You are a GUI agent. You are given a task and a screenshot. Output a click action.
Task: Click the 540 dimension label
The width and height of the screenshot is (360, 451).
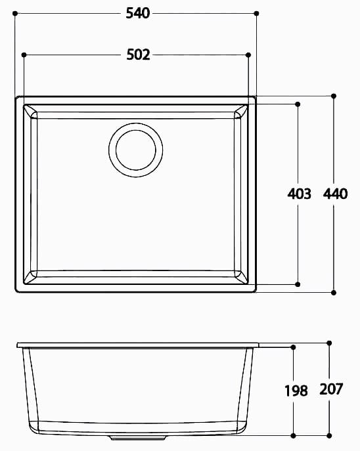(x=138, y=12)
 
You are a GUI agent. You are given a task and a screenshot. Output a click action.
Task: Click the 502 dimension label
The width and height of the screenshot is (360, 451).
(x=138, y=54)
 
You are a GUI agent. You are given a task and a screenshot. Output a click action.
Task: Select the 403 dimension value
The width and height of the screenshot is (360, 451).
(x=299, y=194)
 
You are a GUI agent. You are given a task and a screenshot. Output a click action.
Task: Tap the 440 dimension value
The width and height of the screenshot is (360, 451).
(x=335, y=194)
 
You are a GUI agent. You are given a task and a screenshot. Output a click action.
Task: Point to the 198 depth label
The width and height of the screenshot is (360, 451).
(x=296, y=391)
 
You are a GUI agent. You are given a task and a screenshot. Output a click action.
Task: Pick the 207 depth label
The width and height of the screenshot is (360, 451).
(x=331, y=389)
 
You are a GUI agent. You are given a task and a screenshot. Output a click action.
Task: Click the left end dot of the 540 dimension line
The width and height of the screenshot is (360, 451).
(x=16, y=12)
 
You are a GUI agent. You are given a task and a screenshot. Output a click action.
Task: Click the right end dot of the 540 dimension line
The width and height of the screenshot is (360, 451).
(x=256, y=12)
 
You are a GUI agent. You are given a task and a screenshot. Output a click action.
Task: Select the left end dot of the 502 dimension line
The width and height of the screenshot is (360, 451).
(x=24, y=54)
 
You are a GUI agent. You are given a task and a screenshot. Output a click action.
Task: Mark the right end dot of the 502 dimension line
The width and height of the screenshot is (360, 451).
(x=248, y=54)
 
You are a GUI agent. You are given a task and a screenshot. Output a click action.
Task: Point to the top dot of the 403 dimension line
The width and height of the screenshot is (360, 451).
(x=298, y=104)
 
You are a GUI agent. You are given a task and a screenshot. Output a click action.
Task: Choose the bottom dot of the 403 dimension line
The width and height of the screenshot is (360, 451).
(x=298, y=285)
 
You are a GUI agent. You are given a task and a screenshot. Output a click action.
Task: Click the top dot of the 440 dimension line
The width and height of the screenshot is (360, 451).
(x=334, y=96)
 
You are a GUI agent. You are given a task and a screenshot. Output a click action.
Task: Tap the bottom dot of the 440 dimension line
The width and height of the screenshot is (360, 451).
(x=334, y=292)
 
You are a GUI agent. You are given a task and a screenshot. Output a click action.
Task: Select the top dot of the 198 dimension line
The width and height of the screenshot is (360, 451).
(x=294, y=346)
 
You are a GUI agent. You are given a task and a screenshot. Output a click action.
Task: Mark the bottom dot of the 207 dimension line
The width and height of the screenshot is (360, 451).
(x=329, y=435)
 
